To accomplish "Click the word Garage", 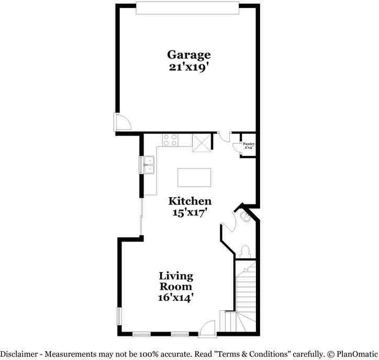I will tap(189, 54).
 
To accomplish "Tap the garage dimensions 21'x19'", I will tap(189, 67).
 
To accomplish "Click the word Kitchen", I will tap(189, 201).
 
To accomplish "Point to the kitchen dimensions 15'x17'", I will tap(189, 212).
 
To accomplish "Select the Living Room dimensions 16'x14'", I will tap(176, 298).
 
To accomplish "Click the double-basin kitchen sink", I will tap(148, 164).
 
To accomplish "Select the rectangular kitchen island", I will tap(194, 177).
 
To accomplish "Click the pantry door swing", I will tap(236, 146).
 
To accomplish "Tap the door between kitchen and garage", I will tap(225, 136).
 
